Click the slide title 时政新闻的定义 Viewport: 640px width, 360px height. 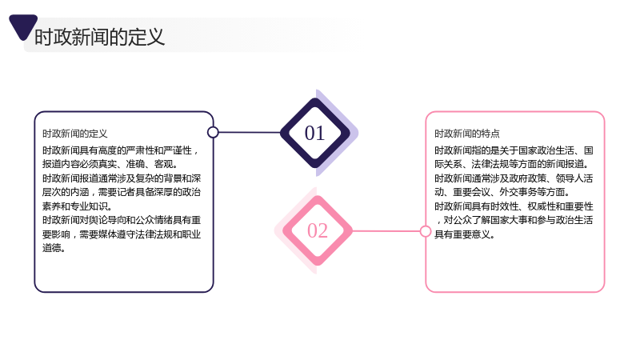coord(99,37)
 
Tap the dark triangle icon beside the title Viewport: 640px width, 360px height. coord(23,26)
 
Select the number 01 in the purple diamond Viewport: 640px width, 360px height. coord(314,133)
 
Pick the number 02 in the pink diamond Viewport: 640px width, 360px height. coord(318,230)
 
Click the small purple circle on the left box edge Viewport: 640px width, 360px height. coord(213,132)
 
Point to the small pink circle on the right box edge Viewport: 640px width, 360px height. coord(426,231)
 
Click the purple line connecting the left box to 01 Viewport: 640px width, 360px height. coord(250,132)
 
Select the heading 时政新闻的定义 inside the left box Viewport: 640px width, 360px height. coord(75,134)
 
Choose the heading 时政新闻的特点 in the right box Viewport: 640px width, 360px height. coord(467,134)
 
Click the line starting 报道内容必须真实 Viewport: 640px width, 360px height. coord(110,164)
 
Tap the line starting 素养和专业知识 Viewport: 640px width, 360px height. coord(77,206)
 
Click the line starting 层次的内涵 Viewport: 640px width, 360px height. coord(122,192)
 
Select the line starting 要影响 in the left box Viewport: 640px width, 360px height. coord(122,234)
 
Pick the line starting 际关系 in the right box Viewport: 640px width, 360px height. coord(512,164)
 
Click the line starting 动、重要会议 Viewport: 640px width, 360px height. coord(502,192)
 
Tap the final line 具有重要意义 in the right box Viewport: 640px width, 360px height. coord(465,234)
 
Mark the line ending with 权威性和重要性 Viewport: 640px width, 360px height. coord(514,206)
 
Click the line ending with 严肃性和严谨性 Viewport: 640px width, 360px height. coord(121,150)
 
